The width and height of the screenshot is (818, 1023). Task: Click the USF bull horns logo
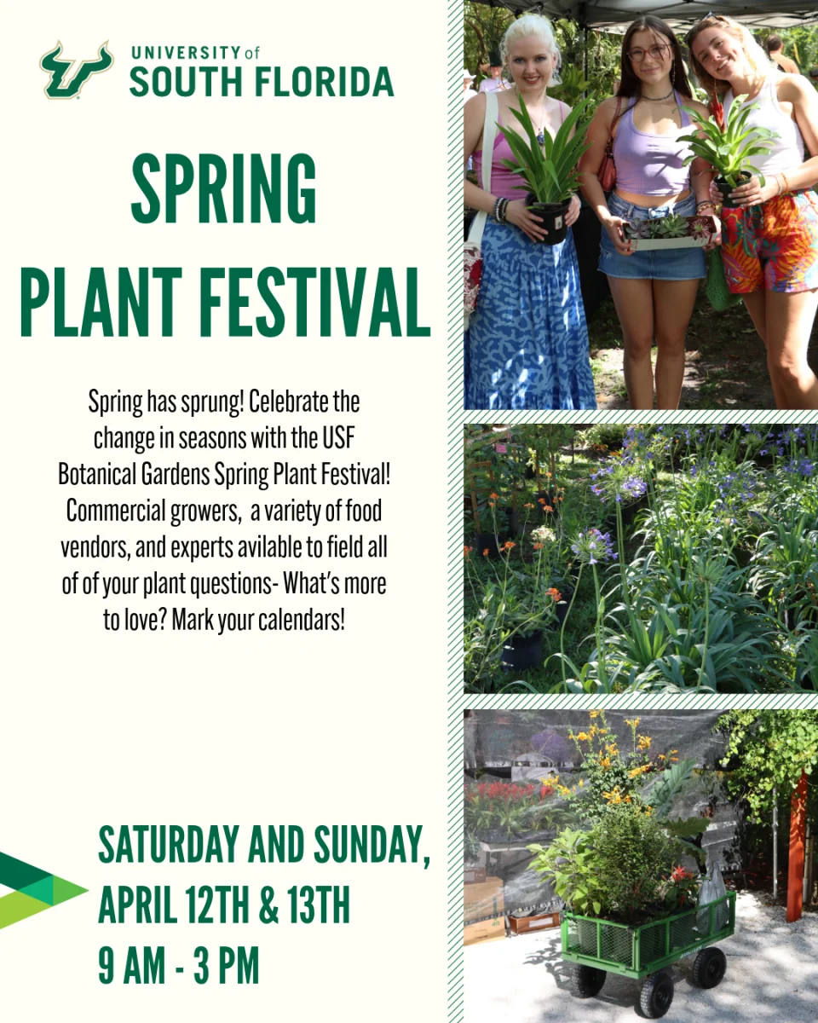click(76, 69)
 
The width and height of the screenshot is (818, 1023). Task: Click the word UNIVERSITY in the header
click(186, 53)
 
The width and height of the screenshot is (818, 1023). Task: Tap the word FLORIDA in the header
click(324, 82)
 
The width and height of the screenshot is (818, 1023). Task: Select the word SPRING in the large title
click(224, 188)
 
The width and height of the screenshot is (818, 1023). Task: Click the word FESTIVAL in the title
click(315, 302)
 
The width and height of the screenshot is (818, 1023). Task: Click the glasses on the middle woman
click(648, 52)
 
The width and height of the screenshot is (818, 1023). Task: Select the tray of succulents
click(671, 234)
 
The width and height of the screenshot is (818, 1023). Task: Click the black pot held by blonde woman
click(549, 220)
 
